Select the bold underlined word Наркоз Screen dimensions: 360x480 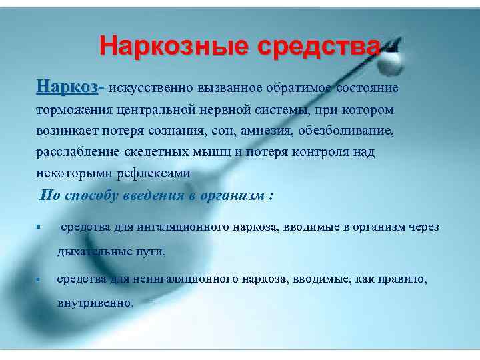(67, 87)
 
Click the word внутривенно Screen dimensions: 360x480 (95, 302)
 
